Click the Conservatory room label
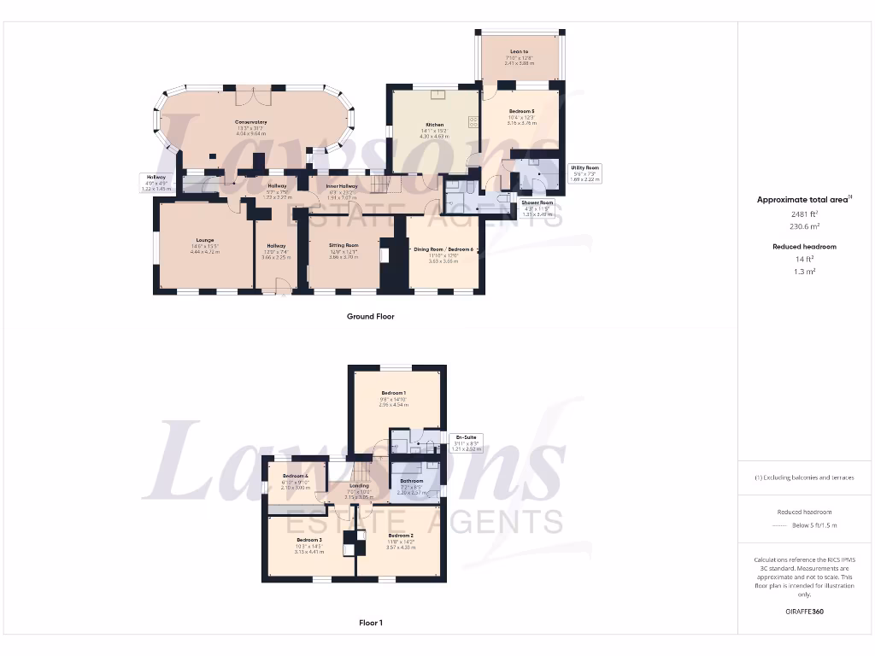[251, 122]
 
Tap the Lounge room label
[203, 240]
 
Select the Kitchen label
[434, 125]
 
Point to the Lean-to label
[519, 51]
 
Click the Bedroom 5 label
[522, 111]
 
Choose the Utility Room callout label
[585, 168]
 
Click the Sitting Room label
[344, 244]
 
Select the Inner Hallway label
[342, 185]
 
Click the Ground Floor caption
[370, 316]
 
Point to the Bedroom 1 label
[393, 393]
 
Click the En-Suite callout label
[466, 438]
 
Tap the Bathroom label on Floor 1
[412, 481]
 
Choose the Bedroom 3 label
[309, 540]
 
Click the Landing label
[359, 486]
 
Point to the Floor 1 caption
[370, 623]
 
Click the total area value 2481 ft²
[803, 214]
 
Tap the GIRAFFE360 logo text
[803, 612]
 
